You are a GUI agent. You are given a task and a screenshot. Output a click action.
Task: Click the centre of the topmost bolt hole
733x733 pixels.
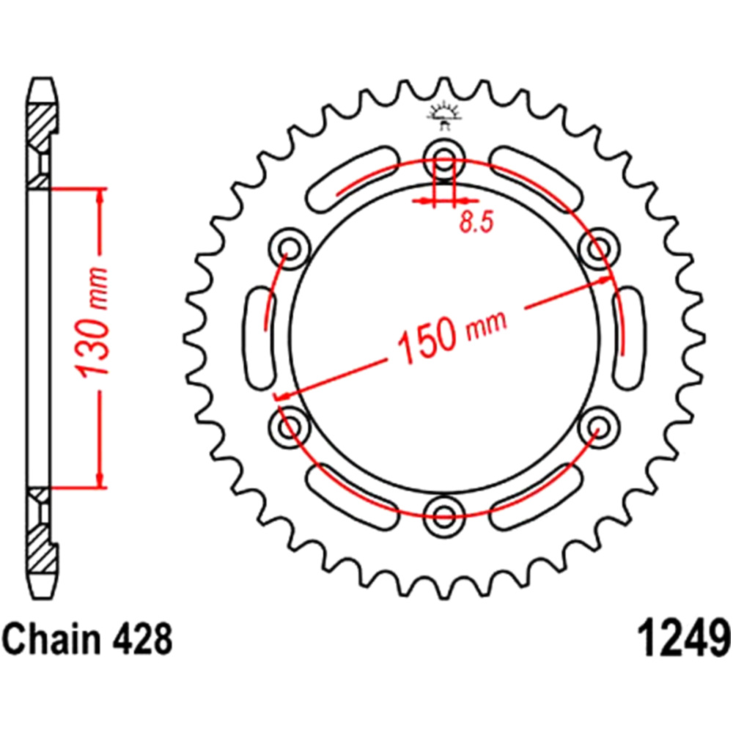coord(443,157)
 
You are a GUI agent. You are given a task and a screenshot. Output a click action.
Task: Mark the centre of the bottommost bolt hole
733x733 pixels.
coord(443,517)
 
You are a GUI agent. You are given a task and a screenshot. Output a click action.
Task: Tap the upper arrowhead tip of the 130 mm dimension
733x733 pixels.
coord(99,189)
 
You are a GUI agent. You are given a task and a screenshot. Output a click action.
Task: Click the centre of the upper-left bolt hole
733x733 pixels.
coord(290,248)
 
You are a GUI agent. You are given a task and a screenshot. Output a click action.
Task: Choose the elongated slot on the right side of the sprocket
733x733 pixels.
coord(629,338)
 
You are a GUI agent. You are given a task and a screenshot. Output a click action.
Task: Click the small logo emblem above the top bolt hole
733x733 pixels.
coord(445,117)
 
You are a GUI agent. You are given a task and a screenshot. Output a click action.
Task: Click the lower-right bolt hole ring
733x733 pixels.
coord(599,427)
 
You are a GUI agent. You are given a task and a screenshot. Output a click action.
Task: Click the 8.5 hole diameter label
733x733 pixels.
coord(476,222)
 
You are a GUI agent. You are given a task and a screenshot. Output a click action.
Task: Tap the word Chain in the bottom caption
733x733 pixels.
coord(52,638)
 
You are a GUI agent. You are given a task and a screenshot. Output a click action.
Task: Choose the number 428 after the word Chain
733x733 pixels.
coord(142,638)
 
